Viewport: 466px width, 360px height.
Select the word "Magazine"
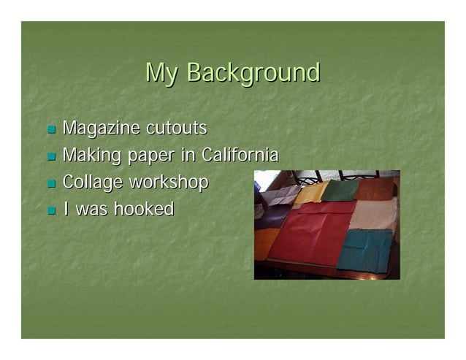[102, 129]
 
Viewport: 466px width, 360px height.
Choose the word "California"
[240, 156]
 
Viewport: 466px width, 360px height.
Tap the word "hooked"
[143, 210]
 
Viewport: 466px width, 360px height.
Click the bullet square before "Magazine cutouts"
[51, 130]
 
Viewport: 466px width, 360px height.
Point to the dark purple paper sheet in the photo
[273, 216]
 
